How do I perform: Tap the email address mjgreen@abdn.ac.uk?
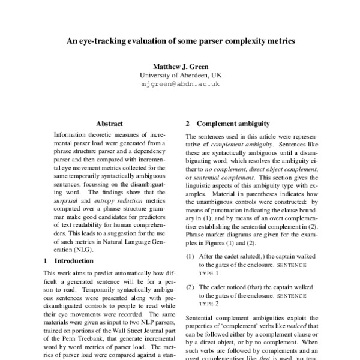tap(180, 85)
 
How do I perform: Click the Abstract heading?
tap(109, 124)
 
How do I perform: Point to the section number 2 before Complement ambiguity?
tap(188, 124)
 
